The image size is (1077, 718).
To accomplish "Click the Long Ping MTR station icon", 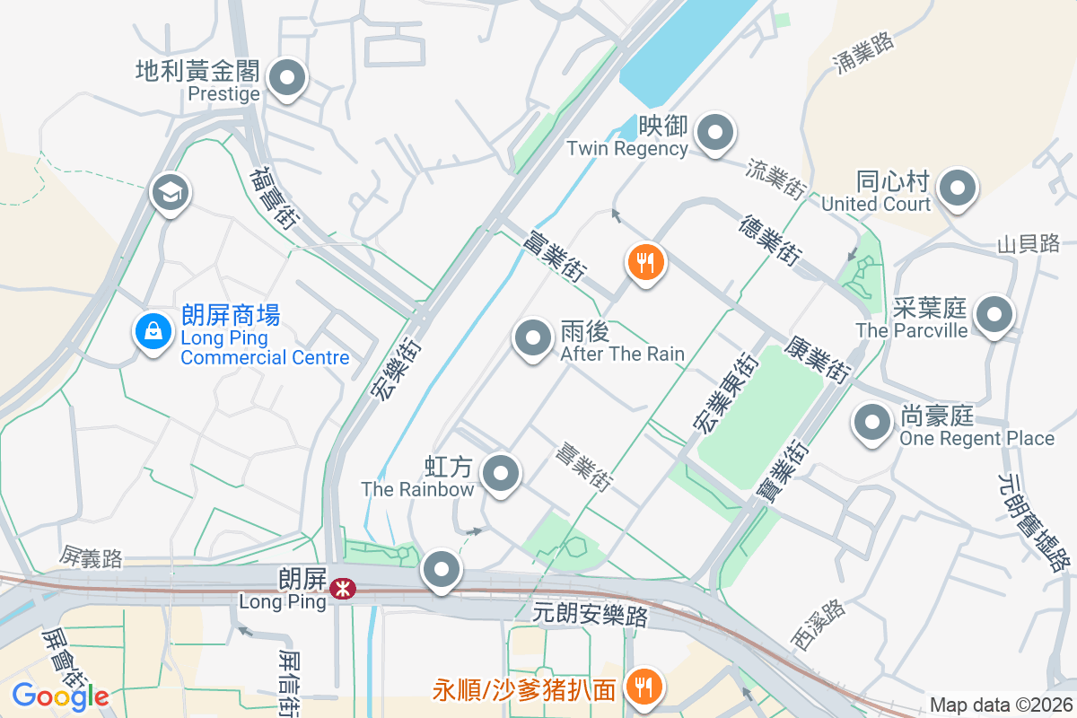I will pyautogui.click(x=341, y=589).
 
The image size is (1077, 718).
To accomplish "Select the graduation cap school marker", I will pyautogui.click(x=169, y=192).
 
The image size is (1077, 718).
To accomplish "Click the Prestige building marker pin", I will pyautogui.click(x=287, y=79).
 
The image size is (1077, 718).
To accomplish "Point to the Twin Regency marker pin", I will pyautogui.click(x=714, y=134).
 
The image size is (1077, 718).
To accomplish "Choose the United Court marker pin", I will pyautogui.click(x=957, y=189).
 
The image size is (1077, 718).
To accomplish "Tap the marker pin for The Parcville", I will pyautogui.click(x=994, y=315).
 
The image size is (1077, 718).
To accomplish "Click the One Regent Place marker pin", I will pyautogui.click(x=871, y=424).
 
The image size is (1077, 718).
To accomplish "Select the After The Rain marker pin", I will pyautogui.click(x=532, y=339).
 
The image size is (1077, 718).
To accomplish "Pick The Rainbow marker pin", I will pyautogui.click(x=501, y=473).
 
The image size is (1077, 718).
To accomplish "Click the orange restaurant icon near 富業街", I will pyautogui.click(x=644, y=263).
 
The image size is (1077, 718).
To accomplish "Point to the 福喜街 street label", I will pyautogui.click(x=274, y=197).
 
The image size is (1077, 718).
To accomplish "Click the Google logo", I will pyautogui.click(x=60, y=696).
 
